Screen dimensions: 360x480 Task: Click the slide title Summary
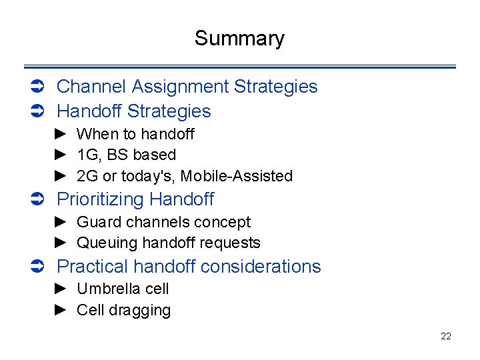click(x=239, y=39)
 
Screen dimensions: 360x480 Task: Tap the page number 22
click(x=446, y=336)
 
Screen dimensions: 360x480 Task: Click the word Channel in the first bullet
click(x=92, y=87)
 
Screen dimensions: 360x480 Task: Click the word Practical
click(x=93, y=267)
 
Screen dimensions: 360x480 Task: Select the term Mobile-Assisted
click(x=237, y=176)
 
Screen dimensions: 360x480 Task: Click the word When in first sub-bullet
click(x=97, y=134)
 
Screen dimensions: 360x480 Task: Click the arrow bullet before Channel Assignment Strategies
click(x=38, y=87)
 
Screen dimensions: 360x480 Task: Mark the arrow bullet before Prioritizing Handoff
click(x=38, y=199)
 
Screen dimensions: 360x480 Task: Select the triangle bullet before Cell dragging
click(x=61, y=310)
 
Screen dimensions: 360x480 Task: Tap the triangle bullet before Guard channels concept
click(x=61, y=222)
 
